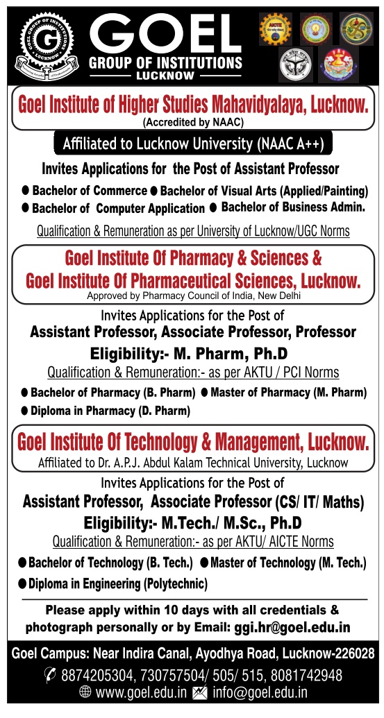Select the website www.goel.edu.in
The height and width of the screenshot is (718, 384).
pos(140,692)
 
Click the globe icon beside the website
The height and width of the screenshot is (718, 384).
pos(85,692)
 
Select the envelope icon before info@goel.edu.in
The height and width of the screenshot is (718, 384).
pos(199,692)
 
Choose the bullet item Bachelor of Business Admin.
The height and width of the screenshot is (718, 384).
pos(292,207)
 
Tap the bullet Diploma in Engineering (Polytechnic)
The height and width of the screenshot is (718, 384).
pos(117,584)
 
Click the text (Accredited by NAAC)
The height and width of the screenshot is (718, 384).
pos(193,123)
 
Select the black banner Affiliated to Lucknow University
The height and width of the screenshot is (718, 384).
pos(193,144)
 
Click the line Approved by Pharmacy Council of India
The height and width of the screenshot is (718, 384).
pos(193,296)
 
